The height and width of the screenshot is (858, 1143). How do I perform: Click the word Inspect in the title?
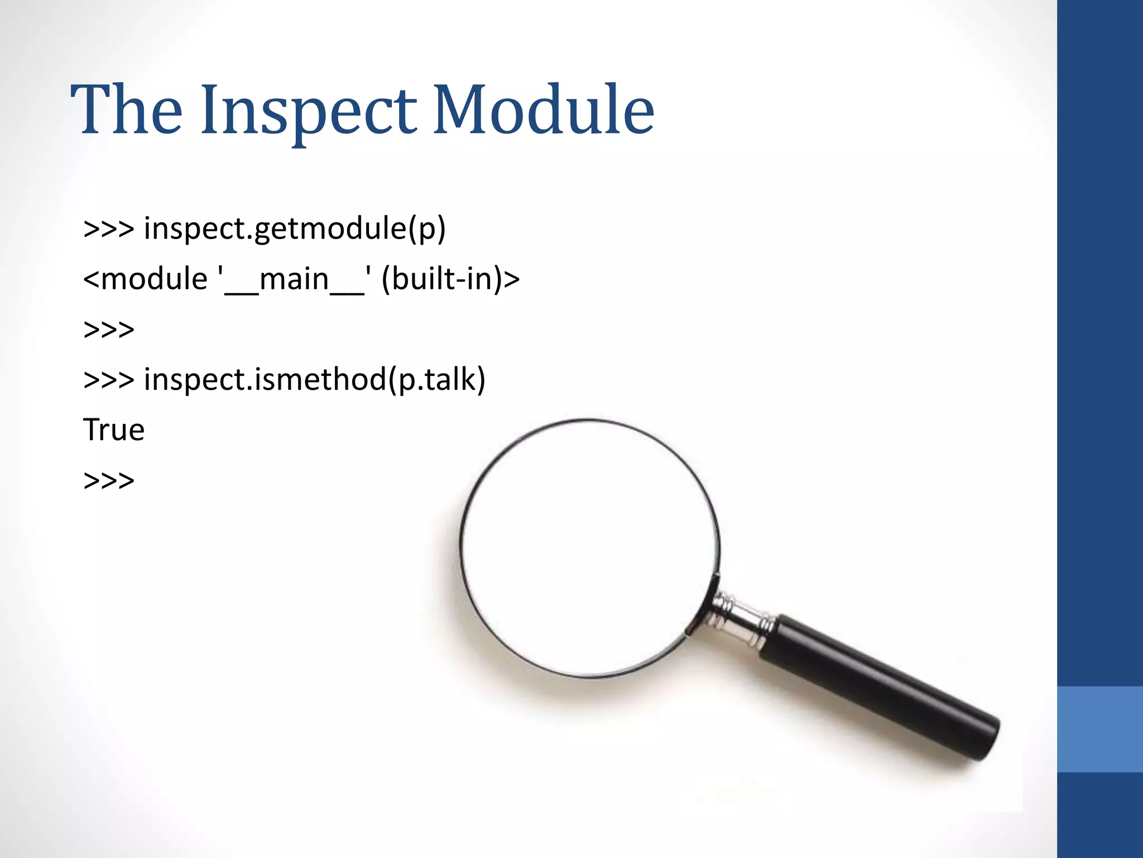308,110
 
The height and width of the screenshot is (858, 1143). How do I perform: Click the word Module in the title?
543,110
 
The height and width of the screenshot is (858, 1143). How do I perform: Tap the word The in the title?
126,110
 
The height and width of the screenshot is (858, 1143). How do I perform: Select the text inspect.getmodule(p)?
295,229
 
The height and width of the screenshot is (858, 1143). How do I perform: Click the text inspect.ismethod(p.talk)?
315,380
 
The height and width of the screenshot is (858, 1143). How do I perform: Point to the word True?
114,430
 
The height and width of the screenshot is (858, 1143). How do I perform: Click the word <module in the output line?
145,279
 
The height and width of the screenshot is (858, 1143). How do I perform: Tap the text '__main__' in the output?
294,279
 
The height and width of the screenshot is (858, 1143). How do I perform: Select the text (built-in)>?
450,279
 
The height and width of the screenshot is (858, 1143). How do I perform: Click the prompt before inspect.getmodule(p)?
109,229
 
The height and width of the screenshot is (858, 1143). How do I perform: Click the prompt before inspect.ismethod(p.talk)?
109,380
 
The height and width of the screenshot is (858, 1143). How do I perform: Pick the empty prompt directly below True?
109,480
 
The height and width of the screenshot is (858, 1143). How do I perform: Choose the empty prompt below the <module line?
109,330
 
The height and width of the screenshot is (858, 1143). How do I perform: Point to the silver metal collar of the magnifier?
739,620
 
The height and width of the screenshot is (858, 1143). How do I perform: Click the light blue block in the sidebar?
1099,729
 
